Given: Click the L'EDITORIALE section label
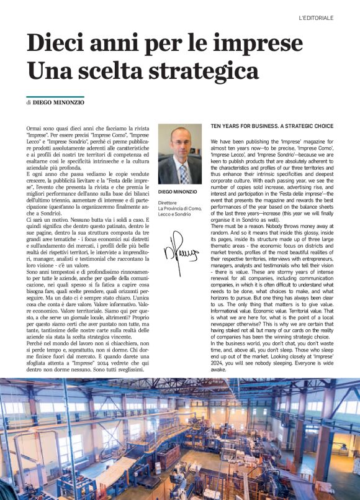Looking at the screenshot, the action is point(325,18).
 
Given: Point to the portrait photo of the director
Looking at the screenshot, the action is point(179,153).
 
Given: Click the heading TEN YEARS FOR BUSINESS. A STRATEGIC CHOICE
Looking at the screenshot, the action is point(272,125).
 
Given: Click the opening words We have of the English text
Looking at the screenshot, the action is point(222,142).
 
